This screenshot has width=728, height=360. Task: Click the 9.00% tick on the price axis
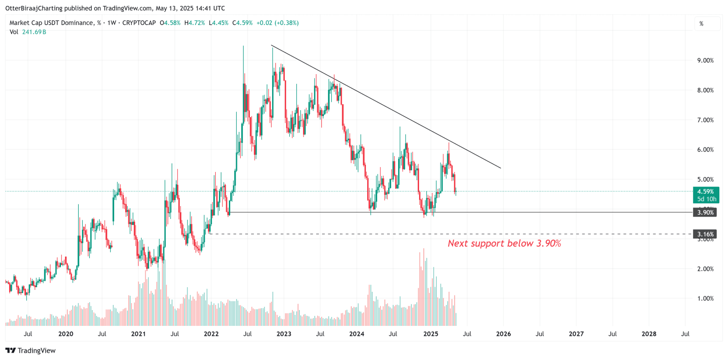pyautogui.click(x=705, y=61)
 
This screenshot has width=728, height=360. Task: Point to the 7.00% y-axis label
pyautogui.click(x=705, y=120)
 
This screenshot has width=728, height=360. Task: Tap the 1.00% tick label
pyautogui.click(x=705, y=299)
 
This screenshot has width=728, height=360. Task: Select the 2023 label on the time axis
pyautogui.click(x=284, y=334)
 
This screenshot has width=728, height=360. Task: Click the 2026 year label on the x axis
pyautogui.click(x=503, y=334)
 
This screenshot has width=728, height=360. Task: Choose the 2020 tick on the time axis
pyautogui.click(x=66, y=334)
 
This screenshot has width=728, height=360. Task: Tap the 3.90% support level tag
pyautogui.click(x=705, y=213)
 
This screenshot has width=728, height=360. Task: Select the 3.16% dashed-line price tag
pyautogui.click(x=705, y=234)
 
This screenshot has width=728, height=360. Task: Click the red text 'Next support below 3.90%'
pyautogui.click(x=504, y=243)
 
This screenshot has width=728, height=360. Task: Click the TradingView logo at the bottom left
pyautogui.click(x=30, y=350)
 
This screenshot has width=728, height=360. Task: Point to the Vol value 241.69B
pyautogui.click(x=34, y=32)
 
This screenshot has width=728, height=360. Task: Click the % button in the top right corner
pyautogui.click(x=702, y=24)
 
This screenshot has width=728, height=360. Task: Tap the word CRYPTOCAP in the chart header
pyautogui.click(x=139, y=23)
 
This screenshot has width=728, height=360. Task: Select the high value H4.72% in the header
pyautogui.click(x=195, y=23)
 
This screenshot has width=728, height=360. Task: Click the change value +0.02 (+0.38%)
pyautogui.click(x=278, y=23)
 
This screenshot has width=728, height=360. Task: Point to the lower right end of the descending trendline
pyautogui.click(x=500, y=168)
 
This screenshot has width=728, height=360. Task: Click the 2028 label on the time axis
pyautogui.click(x=649, y=334)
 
